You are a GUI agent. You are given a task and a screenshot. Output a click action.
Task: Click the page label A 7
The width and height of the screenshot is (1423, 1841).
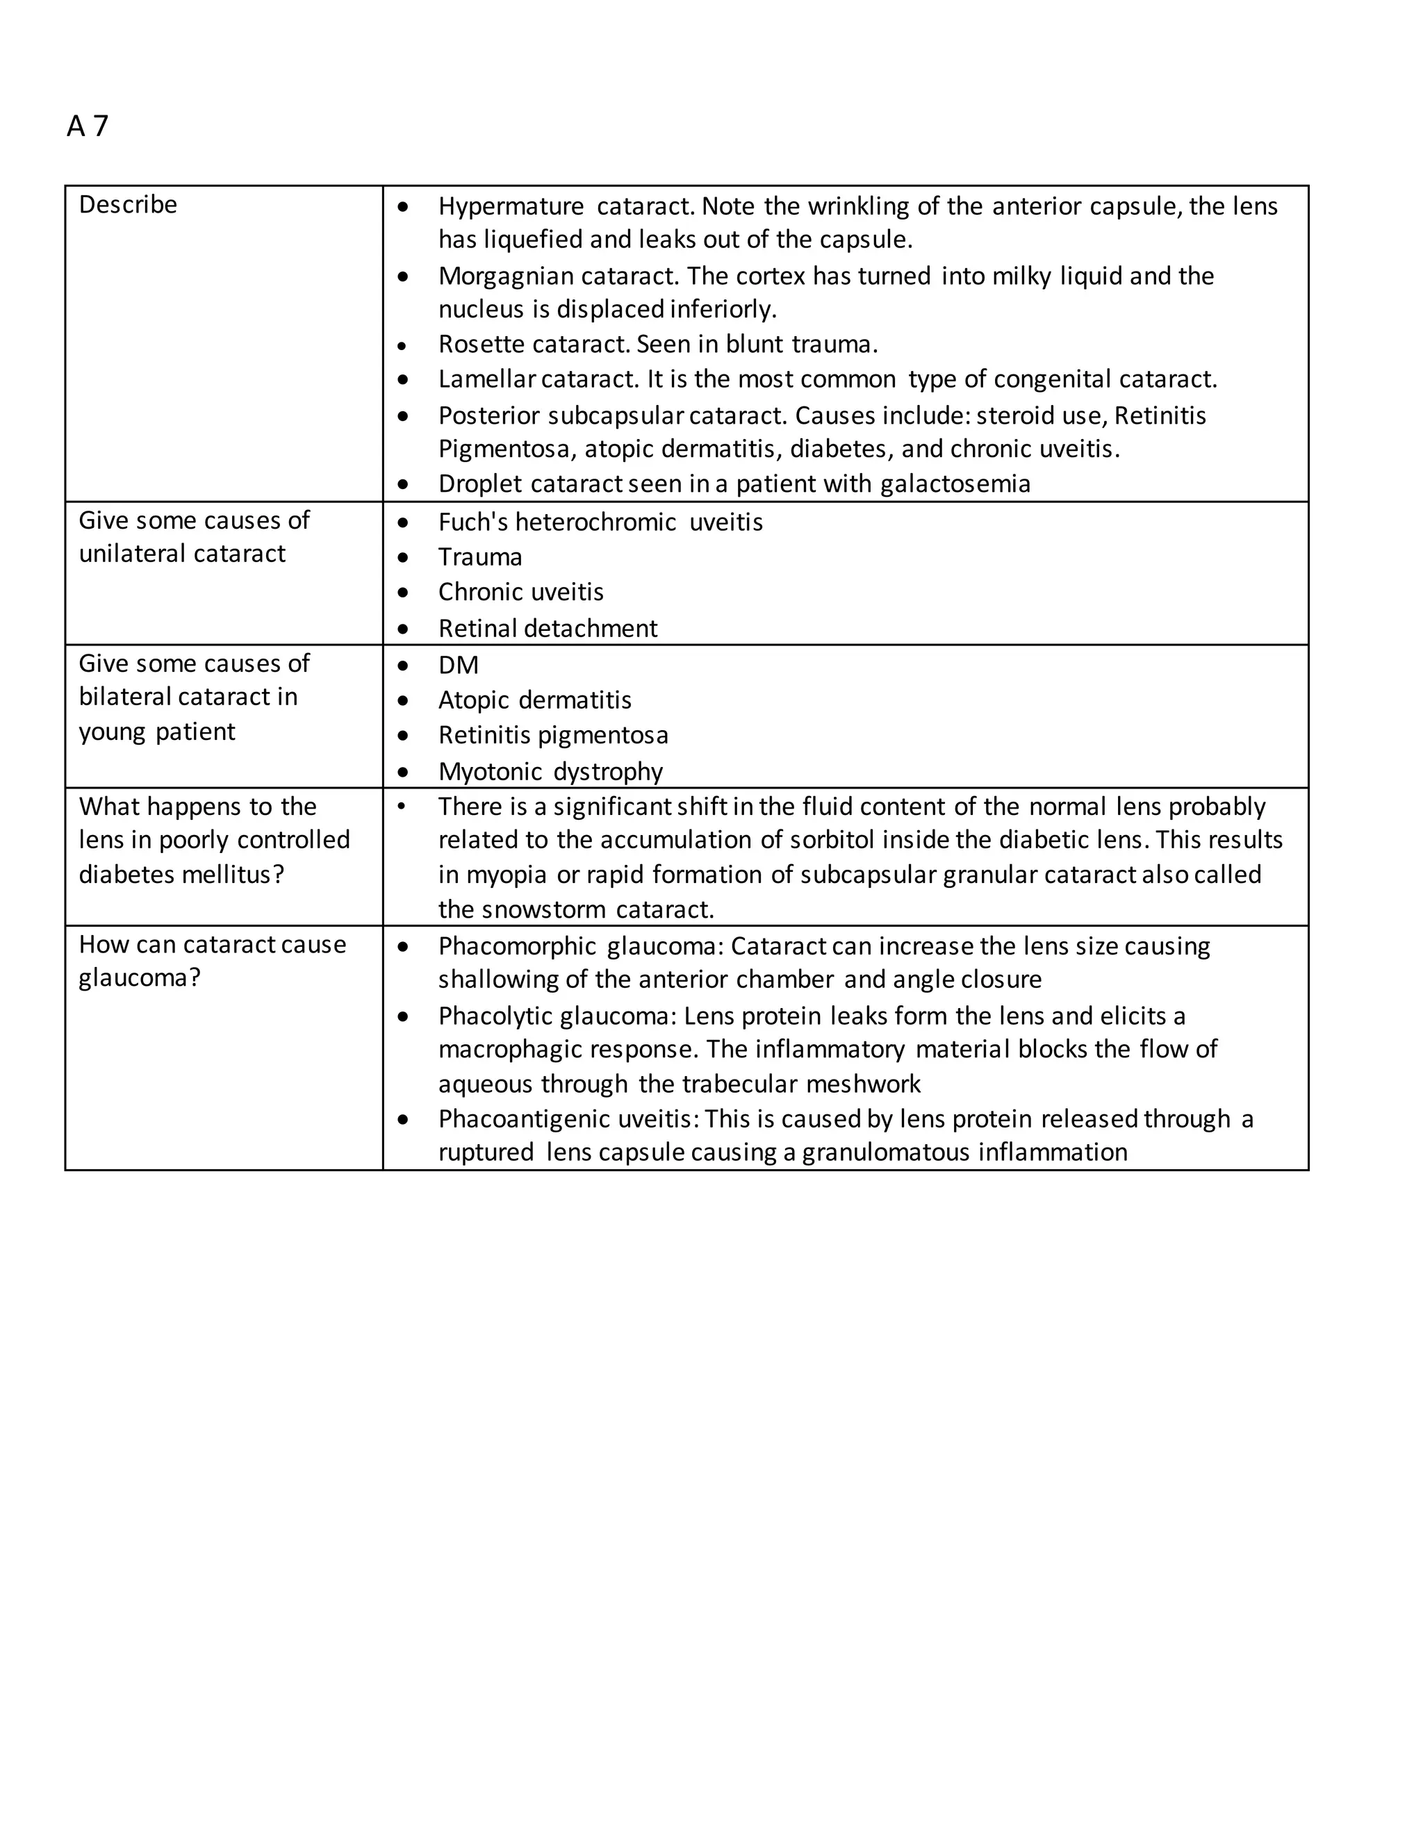pos(88,126)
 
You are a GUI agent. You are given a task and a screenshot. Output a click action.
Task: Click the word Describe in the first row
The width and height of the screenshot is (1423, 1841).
pos(127,205)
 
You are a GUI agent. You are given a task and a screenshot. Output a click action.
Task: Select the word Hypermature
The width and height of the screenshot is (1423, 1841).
pos(510,206)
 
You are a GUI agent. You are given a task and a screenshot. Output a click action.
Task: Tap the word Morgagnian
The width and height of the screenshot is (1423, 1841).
pos(507,276)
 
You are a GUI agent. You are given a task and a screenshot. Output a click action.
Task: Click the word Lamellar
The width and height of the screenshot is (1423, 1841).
pos(486,379)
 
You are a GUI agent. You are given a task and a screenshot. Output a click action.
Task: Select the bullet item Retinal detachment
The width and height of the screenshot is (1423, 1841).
pos(547,629)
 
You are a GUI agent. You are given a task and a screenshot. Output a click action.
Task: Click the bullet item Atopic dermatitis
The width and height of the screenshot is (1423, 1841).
pos(534,700)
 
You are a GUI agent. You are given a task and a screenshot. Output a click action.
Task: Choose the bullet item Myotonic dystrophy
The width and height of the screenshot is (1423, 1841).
pos(550,772)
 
